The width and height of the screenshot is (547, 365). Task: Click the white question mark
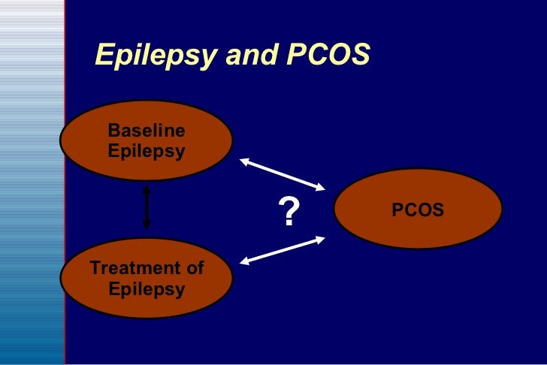click(x=288, y=213)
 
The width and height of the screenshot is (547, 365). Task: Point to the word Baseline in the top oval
click(x=147, y=131)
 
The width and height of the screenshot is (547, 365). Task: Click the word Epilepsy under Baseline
click(x=147, y=151)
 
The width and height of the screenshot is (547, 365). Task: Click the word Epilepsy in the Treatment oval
click(x=147, y=288)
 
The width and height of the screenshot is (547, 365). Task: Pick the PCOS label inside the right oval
click(x=418, y=210)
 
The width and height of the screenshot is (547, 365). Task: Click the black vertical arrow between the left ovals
click(x=147, y=208)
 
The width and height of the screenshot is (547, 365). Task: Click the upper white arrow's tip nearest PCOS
click(x=323, y=188)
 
